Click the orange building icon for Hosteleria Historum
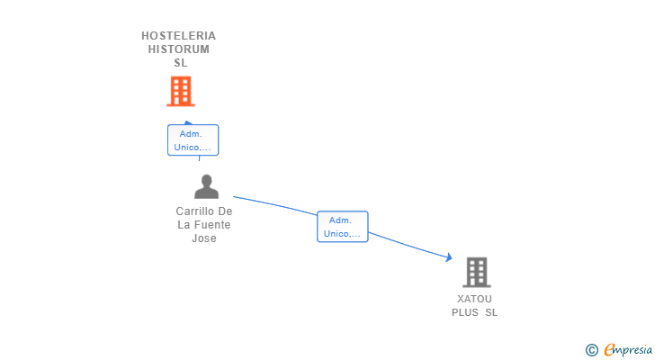tap(181, 91)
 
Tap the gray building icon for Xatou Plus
tap(476, 272)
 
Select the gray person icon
tap(206, 187)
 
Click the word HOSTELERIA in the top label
tap(179, 36)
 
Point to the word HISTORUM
tap(179, 49)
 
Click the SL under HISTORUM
tap(180, 63)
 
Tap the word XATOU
tap(474, 299)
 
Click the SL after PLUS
tap(491, 312)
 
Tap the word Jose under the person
tap(204, 238)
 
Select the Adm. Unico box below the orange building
tap(193, 140)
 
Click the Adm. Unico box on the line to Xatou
tap(342, 227)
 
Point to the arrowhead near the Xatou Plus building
tap(448, 257)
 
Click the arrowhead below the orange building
tap(187, 122)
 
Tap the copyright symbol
tap(591, 349)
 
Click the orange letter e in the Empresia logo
tap(610, 349)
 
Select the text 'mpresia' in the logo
tap(634, 349)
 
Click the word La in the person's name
tap(184, 225)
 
